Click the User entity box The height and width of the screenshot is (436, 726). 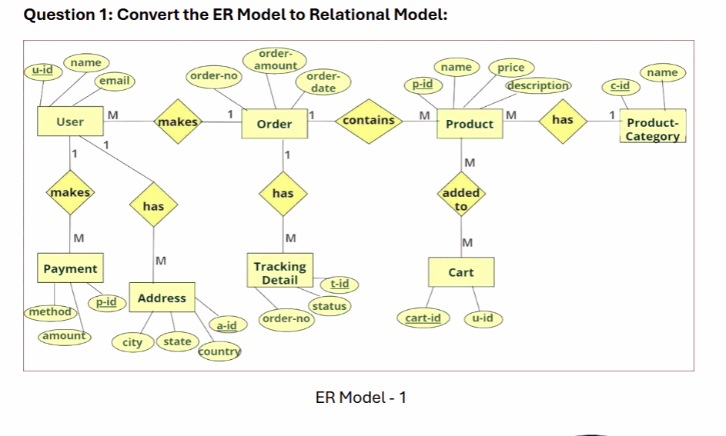click(70, 122)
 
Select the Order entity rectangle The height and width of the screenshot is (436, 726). click(274, 124)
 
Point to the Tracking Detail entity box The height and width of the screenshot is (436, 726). click(280, 273)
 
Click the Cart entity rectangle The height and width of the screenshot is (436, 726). click(460, 273)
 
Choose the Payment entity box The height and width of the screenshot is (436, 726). click(70, 269)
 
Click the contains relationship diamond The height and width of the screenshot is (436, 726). click(369, 121)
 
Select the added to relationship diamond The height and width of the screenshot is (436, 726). click(461, 199)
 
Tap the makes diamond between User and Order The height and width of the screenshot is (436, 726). click(178, 121)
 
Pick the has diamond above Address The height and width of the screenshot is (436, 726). click(153, 206)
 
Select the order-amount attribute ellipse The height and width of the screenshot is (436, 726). click(275, 60)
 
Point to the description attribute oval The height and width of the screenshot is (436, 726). click(538, 85)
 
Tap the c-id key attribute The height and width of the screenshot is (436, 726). click(620, 85)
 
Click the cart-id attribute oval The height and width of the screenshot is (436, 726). click(423, 318)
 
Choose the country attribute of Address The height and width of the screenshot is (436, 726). click(219, 351)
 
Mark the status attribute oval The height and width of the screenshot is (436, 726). click(330, 306)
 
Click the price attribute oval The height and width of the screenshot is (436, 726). click(510, 68)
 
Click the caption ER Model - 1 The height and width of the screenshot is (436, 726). click(361, 397)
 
